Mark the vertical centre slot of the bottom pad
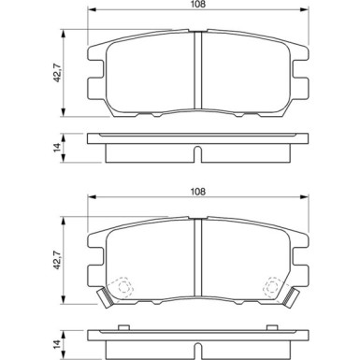click(x=198, y=252)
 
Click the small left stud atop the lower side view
click(x=124, y=326)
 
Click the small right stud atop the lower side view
click(x=271, y=326)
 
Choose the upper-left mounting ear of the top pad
click(x=94, y=51)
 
